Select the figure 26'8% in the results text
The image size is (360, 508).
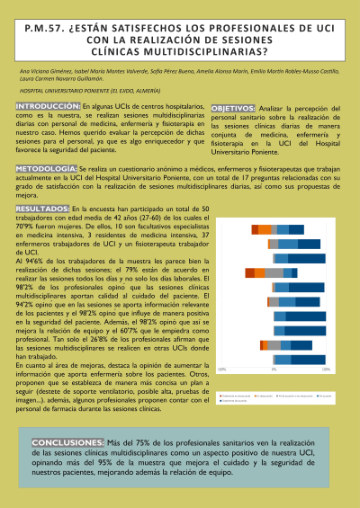point(101,336)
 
